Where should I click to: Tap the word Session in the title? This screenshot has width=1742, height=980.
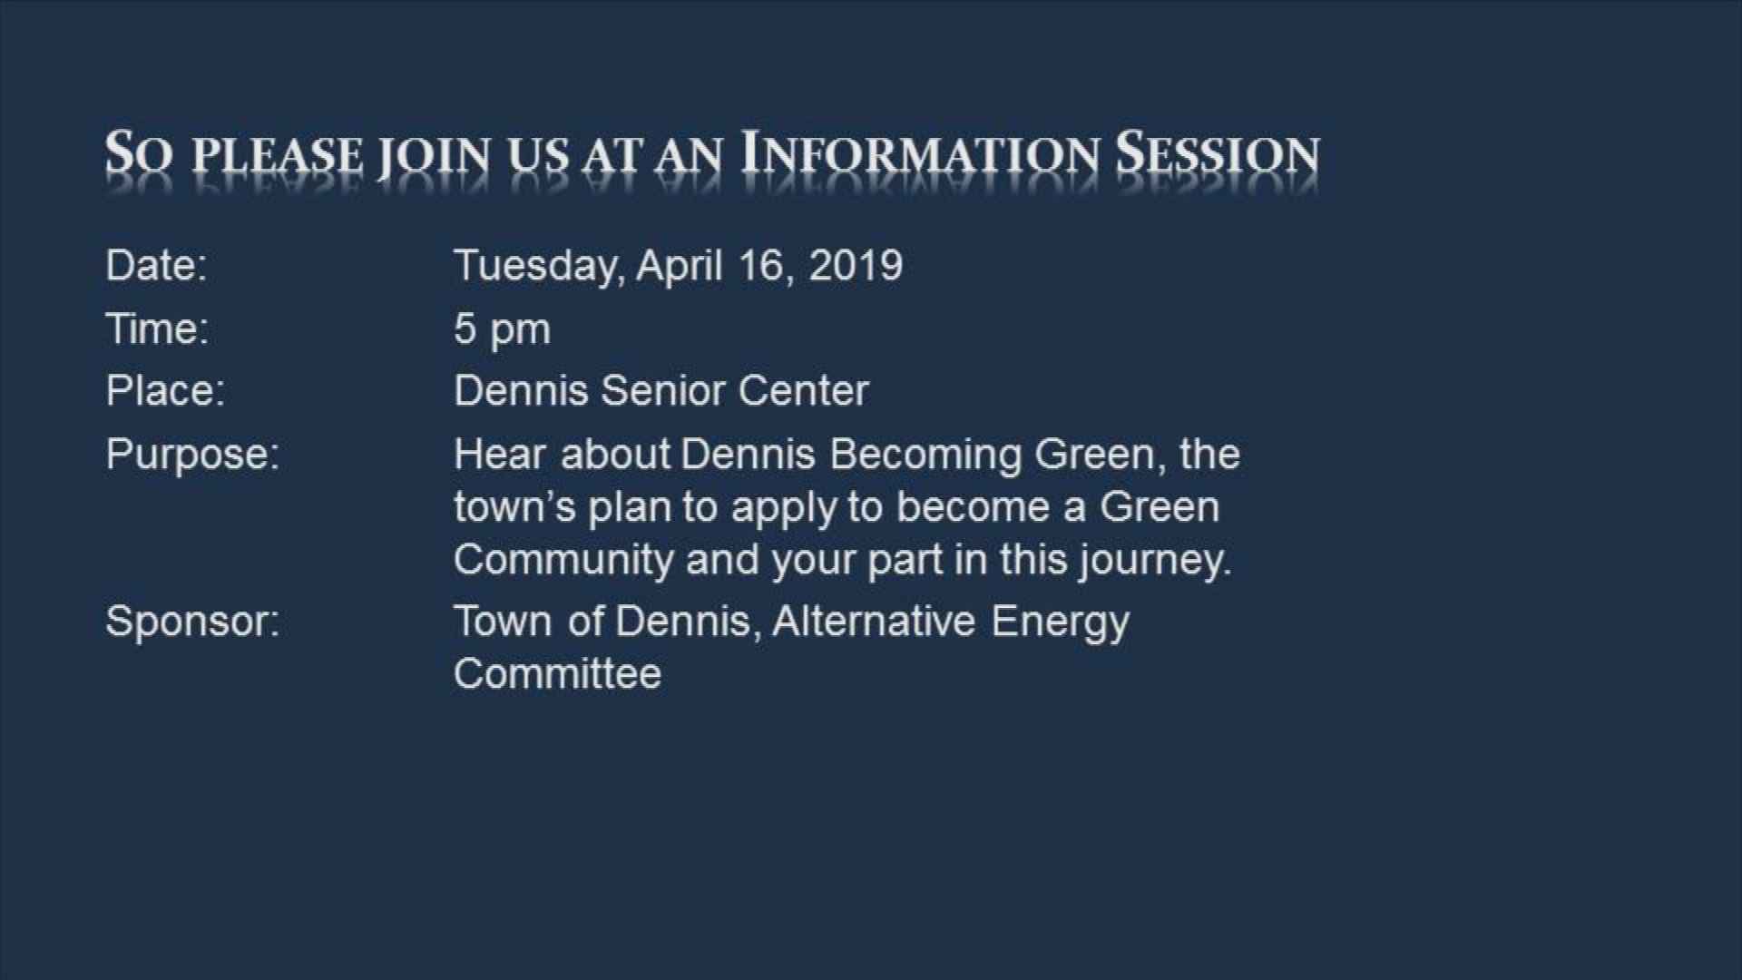coord(1218,154)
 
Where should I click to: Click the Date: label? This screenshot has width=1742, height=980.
coord(156,266)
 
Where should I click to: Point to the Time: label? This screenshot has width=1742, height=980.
coord(157,328)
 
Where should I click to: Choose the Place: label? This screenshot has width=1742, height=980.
coord(165,391)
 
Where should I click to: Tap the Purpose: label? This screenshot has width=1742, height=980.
coord(192,454)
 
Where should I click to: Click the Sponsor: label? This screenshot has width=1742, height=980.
coord(192,622)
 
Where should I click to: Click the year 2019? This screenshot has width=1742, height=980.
coord(856,266)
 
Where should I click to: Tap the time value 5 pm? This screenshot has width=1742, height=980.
coord(502,329)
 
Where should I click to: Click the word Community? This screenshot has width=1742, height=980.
coord(563,560)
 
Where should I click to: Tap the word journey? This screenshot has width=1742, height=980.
coord(1155,560)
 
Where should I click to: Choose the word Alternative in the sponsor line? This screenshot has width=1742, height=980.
coord(874,622)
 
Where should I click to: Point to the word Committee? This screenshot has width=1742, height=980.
coord(557,674)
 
